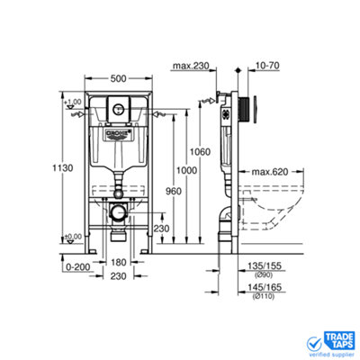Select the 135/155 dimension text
coord(267,265)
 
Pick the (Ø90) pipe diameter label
coord(267,274)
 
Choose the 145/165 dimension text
coord(267,289)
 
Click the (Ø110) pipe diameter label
coord(267,298)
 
